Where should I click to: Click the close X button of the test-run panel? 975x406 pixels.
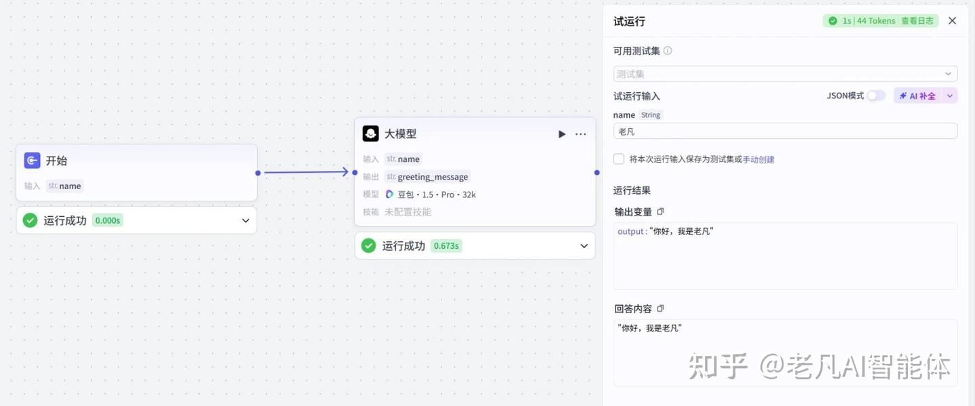tap(952, 21)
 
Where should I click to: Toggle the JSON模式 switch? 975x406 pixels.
tap(876, 96)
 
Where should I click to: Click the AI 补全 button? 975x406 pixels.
tap(917, 96)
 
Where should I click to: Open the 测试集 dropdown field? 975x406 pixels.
tap(785, 74)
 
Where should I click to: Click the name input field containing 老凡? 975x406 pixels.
tap(785, 131)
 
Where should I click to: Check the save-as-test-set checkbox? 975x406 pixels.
tap(619, 159)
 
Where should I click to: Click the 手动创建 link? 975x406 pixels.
tap(758, 160)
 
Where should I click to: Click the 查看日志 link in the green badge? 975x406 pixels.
tap(917, 21)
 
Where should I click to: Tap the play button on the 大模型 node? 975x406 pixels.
tap(561, 134)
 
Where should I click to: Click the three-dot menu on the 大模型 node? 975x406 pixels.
tap(580, 134)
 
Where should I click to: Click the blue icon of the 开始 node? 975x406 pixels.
tap(32, 161)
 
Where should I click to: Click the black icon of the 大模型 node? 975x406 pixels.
tap(370, 134)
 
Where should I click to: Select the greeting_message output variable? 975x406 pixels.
tap(432, 177)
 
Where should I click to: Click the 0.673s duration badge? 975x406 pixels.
tap(446, 246)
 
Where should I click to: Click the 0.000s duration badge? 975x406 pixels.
tap(108, 220)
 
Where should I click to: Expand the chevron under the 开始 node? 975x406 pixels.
tap(246, 220)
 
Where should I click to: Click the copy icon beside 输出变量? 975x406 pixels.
tap(661, 212)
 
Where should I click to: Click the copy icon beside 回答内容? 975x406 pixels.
tap(661, 309)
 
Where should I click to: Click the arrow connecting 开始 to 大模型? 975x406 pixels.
tap(306, 172)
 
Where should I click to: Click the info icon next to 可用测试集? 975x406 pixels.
tap(668, 51)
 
